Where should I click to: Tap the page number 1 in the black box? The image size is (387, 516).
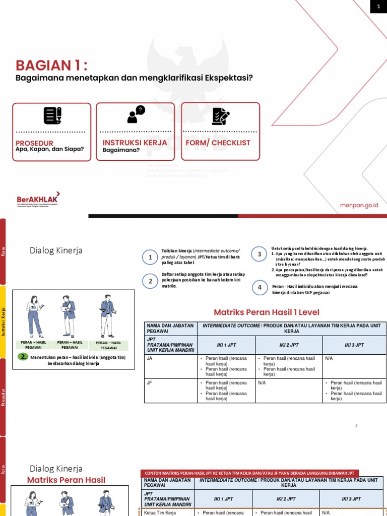[377, 6]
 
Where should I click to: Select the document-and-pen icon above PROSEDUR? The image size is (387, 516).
[52, 116]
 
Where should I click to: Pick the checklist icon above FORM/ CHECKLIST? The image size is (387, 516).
[220, 116]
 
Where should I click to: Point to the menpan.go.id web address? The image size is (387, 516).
[359, 205]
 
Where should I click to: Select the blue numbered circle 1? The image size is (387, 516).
[150, 258]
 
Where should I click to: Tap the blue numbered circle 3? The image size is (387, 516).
[260, 254]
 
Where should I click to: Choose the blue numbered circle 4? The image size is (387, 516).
[260, 288]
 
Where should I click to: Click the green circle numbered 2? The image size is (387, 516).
[23, 357]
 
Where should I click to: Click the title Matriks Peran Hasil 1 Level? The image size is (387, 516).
[267, 312]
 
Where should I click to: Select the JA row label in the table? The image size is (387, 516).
[150, 358]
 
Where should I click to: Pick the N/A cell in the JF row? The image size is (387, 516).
[262, 383]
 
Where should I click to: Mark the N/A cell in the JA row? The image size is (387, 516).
[329, 358]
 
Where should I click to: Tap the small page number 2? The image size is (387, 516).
[356, 426]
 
